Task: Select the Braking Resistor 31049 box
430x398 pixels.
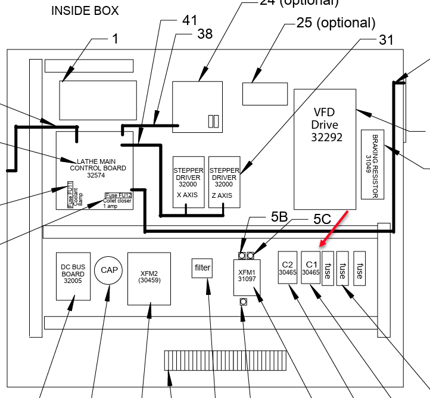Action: pos(372,163)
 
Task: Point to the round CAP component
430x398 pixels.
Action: pos(109,270)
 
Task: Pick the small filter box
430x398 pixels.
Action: pos(202,268)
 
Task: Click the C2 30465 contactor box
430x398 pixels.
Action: pos(288,268)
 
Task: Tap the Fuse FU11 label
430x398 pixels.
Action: pos(70,197)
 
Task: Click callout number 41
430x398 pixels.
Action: pos(189,21)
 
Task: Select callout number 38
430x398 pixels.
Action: pos(204,35)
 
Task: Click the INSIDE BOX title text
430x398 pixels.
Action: pos(85,11)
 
